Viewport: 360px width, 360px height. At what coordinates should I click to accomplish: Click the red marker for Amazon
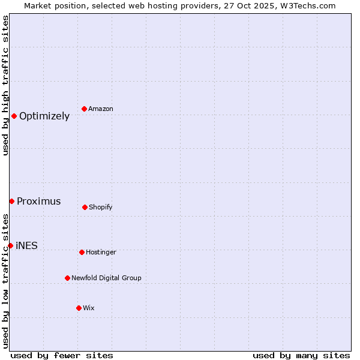pos(85,109)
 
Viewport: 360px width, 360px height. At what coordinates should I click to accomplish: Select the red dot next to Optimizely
pos(14,116)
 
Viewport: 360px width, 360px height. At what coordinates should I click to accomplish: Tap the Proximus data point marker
pos(11,201)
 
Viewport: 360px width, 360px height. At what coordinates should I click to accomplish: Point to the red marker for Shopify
pos(85,207)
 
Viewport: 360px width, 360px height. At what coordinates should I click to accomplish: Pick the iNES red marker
pos(10,245)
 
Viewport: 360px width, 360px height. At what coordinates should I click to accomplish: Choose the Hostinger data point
pos(82,252)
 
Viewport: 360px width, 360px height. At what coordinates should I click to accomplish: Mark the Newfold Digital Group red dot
pos(67,278)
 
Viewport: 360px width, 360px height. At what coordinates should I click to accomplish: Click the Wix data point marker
pos(79,308)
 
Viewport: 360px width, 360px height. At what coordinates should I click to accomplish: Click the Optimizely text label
pos(44,116)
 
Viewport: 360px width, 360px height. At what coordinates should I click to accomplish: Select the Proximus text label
pos(39,202)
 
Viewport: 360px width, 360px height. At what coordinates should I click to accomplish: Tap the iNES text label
pos(26,246)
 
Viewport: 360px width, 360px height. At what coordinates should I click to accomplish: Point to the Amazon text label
pos(101,109)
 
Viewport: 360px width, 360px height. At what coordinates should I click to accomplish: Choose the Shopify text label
pos(101,208)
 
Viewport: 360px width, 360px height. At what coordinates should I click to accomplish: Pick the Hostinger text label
pos(101,253)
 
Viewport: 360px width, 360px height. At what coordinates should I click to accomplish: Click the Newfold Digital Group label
pos(106,278)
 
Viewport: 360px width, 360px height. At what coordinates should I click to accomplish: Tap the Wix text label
pos(89,308)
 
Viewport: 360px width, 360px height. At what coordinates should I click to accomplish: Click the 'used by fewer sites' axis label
pos(62,355)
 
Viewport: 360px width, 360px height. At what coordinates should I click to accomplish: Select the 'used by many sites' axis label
pos(301,355)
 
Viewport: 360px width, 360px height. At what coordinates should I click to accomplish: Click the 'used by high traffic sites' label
pos(5,85)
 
